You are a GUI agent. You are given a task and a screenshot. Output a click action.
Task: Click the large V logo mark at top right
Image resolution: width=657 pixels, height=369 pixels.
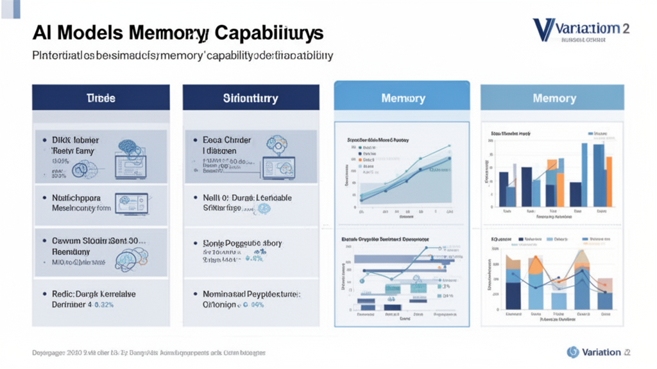tap(543, 29)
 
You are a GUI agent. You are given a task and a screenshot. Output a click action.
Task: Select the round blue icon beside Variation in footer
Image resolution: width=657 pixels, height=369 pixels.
tap(573, 352)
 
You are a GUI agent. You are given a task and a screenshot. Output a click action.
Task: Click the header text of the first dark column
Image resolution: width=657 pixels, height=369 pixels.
tap(101, 98)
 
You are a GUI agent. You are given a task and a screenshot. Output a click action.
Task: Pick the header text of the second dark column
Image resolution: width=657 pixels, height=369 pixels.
tap(250, 98)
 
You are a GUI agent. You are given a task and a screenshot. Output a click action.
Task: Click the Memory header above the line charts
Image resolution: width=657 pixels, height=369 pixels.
tap(403, 98)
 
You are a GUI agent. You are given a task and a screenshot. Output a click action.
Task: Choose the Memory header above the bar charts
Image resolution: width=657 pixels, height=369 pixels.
tap(554, 98)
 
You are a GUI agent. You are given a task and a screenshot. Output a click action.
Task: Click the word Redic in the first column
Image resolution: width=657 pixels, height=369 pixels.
tap(65, 293)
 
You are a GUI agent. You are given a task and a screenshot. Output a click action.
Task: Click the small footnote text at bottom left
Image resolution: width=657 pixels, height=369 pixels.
tap(148, 353)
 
